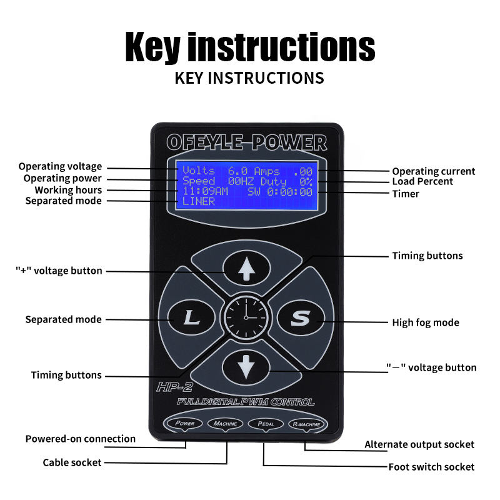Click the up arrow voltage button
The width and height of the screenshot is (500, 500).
pyautogui.click(x=246, y=270)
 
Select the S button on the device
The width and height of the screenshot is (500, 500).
pyautogui.click(x=299, y=318)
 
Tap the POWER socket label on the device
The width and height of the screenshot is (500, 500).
pyautogui.click(x=184, y=424)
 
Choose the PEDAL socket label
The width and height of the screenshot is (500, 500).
pyautogui.click(x=266, y=424)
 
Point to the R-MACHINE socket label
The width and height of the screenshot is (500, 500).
pyautogui.click(x=306, y=424)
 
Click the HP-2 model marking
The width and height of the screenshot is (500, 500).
pyautogui.click(x=171, y=387)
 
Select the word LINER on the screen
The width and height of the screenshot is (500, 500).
pyautogui.click(x=199, y=201)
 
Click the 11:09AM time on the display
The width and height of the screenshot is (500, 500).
pyautogui.click(x=204, y=191)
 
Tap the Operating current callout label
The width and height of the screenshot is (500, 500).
pyautogui.click(x=433, y=171)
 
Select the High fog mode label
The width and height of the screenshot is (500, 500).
pyautogui.click(x=426, y=322)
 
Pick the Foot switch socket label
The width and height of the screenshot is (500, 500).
pyautogui.click(x=431, y=467)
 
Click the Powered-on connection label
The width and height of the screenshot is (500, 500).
pyautogui.click(x=80, y=439)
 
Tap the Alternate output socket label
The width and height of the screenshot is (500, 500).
pyautogui.click(x=419, y=444)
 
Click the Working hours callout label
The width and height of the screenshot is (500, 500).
pyautogui.click(x=68, y=189)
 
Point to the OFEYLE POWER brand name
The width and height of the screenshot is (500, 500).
pyautogui.click(x=246, y=142)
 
